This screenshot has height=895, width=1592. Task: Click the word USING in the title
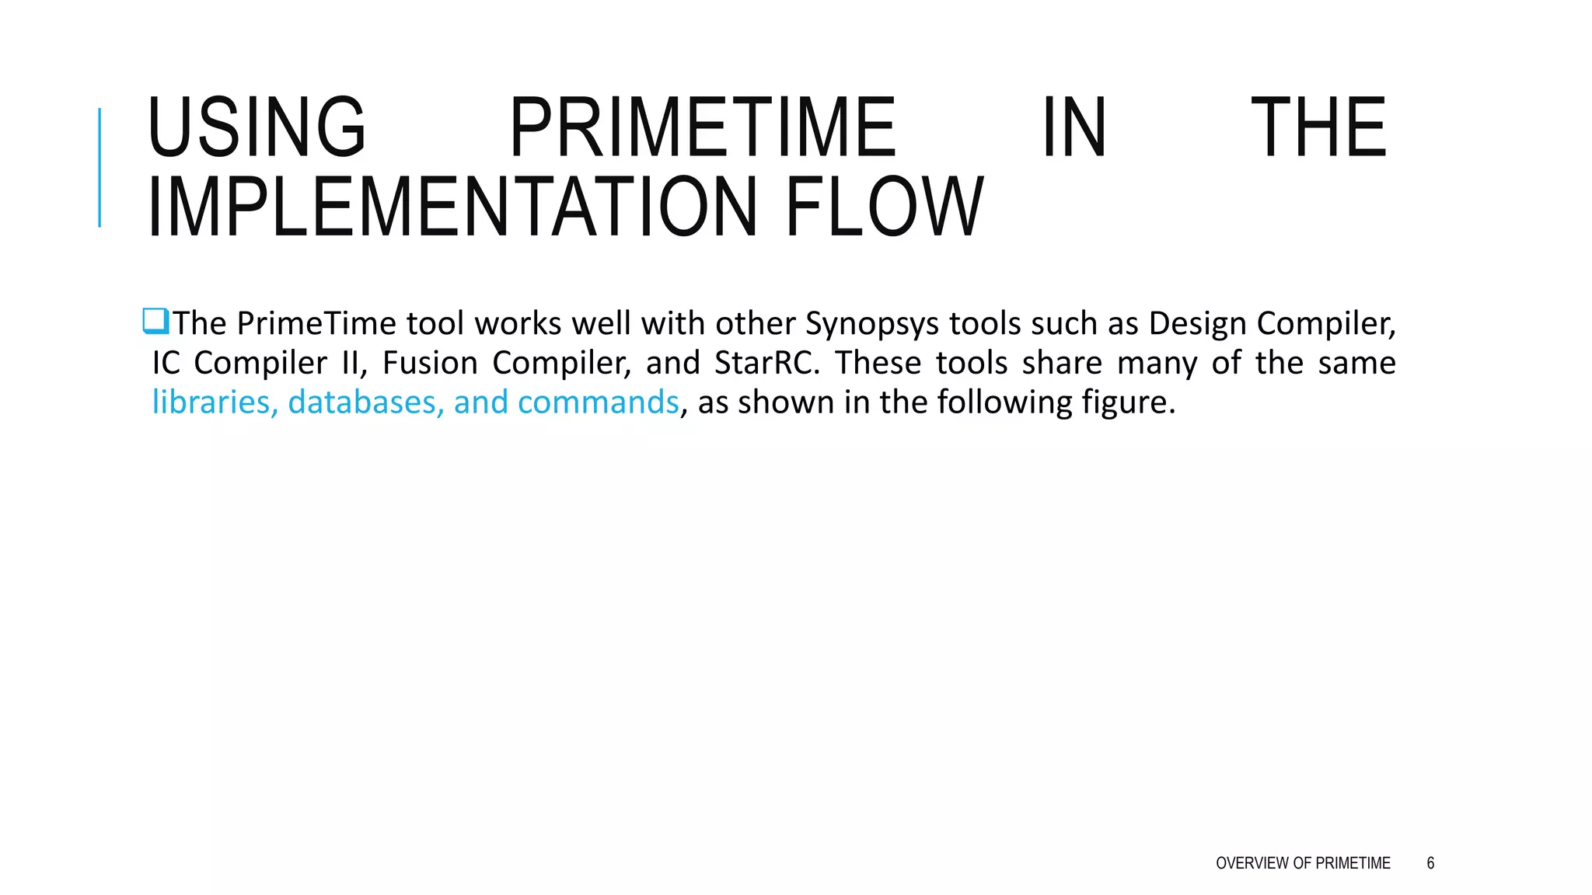coord(256,127)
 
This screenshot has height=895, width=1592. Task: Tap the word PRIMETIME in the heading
coord(703,127)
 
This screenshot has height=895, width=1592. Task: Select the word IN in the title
coord(1074,127)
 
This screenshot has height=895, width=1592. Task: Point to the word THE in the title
coord(1318,127)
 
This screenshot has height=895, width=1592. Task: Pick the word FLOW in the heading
coord(885,207)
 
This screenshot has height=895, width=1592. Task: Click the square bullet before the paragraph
coord(155,321)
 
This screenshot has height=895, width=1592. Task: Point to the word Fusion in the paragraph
coord(430,363)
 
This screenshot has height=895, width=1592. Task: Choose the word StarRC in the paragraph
coord(766,363)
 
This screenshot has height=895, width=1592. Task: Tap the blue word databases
coord(365,402)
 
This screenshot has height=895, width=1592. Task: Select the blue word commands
coord(598,402)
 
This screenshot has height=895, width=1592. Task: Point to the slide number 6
coord(1430,863)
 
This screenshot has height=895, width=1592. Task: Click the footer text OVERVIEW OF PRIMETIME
coord(1303,863)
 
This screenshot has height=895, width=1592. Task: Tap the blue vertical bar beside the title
coord(99,168)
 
